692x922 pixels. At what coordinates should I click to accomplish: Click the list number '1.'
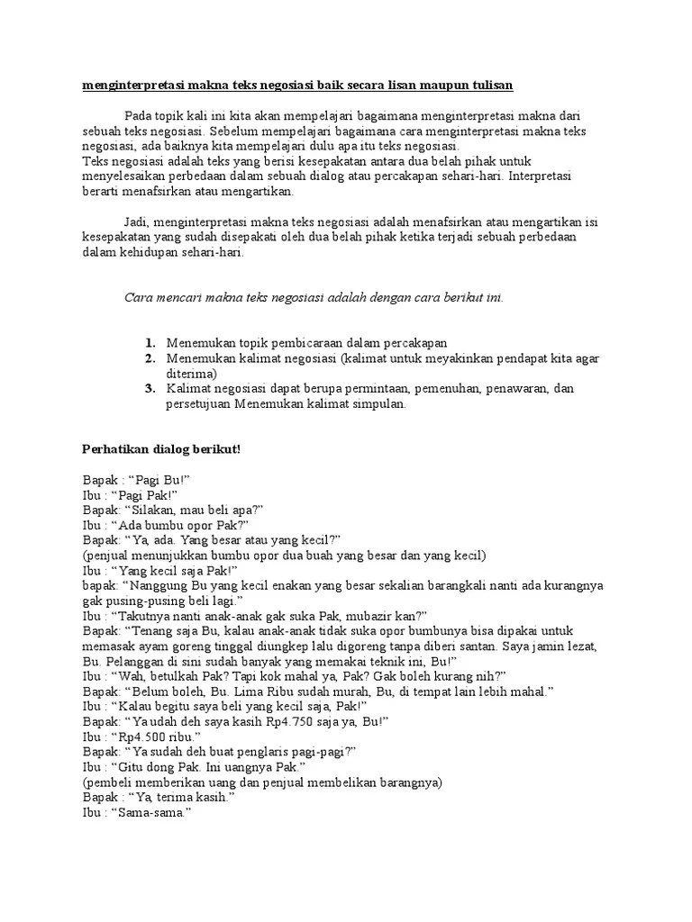pos(150,343)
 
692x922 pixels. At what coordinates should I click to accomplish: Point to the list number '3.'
pos(150,388)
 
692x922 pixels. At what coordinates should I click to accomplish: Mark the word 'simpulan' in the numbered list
pos(379,403)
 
